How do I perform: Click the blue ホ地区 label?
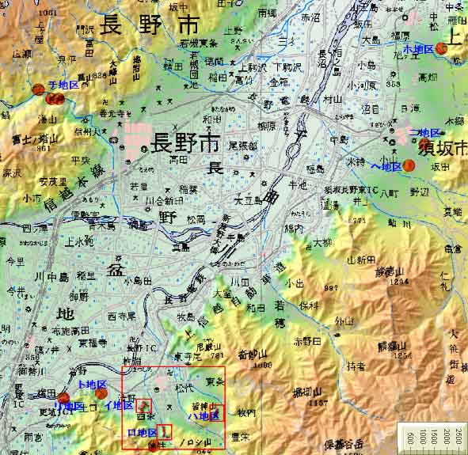(x=418, y=48)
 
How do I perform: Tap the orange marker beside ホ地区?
(x=441, y=48)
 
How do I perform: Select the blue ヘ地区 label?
(x=386, y=166)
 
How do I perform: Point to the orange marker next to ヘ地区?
(x=409, y=165)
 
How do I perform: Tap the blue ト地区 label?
(x=80, y=384)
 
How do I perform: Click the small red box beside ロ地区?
(x=165, y=431)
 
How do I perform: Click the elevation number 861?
(x=43, y=148)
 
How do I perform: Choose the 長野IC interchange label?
(x=140, y=348)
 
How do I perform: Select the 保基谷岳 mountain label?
(x=346, y=448)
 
